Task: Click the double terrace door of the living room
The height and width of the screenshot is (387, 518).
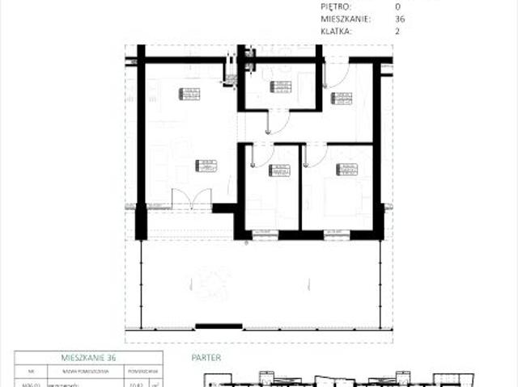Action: click(192, 199)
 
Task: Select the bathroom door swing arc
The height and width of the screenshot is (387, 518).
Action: click(277, 122)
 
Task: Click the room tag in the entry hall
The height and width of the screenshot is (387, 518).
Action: click(342, 98)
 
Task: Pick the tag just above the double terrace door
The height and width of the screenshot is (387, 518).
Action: click(206, 166)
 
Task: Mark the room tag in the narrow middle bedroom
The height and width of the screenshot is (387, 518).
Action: click(279, 170)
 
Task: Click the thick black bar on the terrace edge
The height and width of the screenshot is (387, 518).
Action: click(219, 326)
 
